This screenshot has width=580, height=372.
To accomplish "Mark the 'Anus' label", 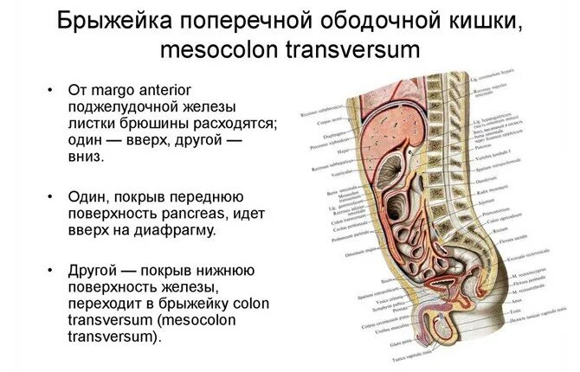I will tap(494, 296).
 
